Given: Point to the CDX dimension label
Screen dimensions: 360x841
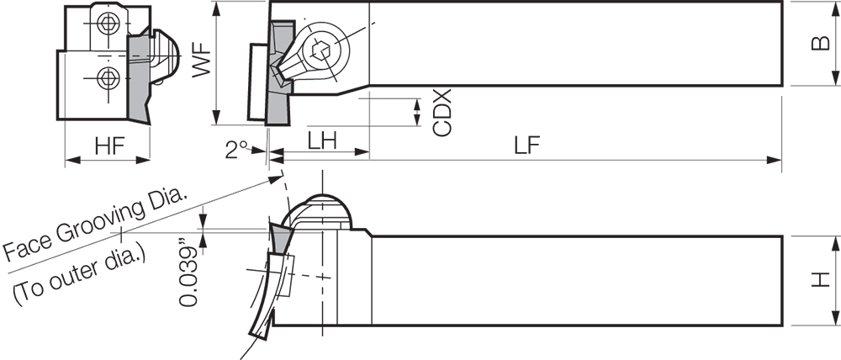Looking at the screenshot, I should [x=442, y=114].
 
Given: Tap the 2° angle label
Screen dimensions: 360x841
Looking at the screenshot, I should [x=238, y=150].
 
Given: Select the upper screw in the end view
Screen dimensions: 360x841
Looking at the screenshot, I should [x=106, y=26].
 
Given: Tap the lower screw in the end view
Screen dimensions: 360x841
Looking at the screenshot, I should [x=106, y=79].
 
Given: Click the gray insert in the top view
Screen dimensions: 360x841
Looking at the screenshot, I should [x=275, y=76].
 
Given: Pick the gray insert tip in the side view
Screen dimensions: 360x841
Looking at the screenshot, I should [x=278, y=237].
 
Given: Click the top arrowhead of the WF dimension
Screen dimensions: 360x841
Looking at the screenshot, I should [x=217, y=7].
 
